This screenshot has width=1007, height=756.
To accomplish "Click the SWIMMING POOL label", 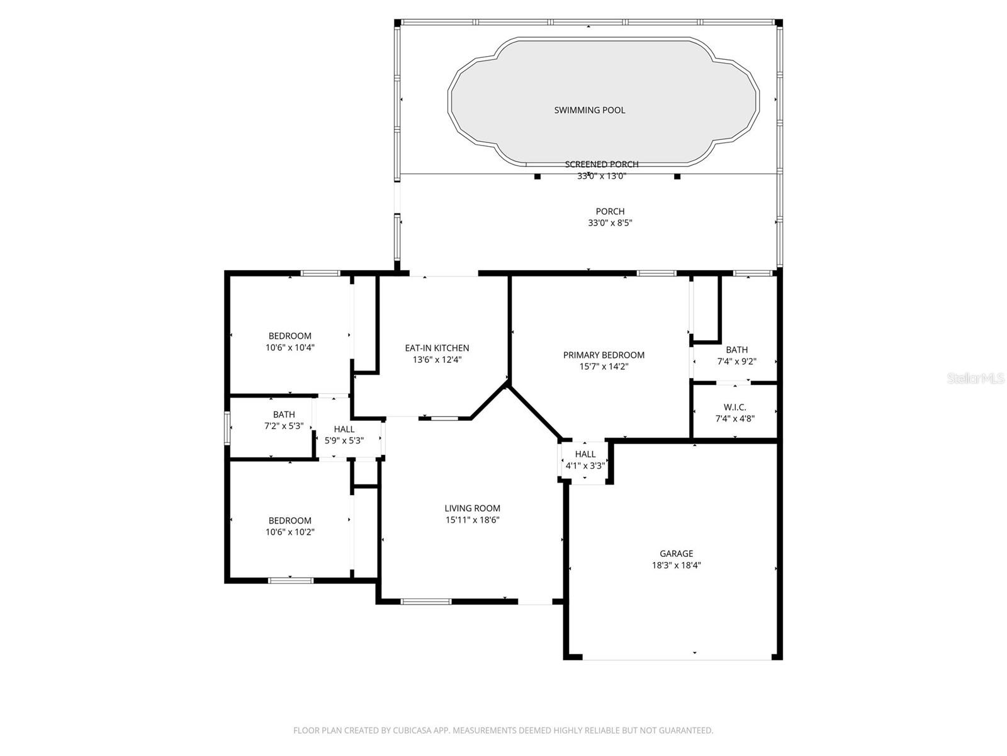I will pos(589,110).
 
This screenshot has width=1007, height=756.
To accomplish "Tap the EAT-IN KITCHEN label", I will pos(436,348).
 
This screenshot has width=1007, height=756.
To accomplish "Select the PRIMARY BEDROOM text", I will pos(604,355).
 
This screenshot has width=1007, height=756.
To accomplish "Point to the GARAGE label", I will pos(676,554).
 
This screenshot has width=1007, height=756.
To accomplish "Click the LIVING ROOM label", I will pos(472,508).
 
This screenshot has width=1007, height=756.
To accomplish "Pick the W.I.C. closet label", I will pos(734,407).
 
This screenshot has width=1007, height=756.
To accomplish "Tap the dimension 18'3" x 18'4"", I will pos(676,566).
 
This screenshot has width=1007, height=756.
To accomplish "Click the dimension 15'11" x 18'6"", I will pos(472,520).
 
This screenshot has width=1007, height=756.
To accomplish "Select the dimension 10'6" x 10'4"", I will pos(290,348).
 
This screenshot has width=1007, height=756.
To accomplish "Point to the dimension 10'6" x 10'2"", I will pos(290,532).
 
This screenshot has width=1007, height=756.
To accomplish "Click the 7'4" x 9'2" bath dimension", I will pos(736,362).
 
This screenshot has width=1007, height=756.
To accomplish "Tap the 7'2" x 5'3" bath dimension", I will pos(283,427).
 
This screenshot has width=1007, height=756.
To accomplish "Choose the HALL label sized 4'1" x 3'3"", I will pos(585,454).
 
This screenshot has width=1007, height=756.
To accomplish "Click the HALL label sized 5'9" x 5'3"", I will pos(344,429).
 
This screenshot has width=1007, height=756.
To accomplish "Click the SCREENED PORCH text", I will pos(601,164).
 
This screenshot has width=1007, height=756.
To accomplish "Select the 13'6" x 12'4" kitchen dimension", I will pos(436,360).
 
